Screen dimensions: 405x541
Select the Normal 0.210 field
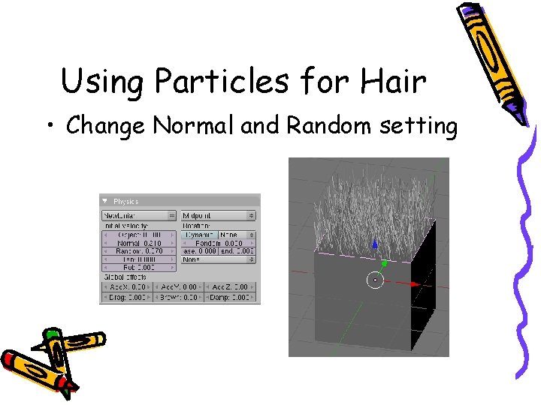point(140,243)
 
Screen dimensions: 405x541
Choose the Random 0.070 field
point(140,251)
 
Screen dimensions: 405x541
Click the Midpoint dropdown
point(219,215)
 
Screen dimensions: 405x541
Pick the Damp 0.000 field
point(231,298)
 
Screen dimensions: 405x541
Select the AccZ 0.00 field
point(231,286)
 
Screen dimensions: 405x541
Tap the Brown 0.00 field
point(178,298)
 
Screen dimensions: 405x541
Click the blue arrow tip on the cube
point(375,244)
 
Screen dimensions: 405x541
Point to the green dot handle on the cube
point(385,263)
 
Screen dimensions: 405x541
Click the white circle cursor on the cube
point(374,280)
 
